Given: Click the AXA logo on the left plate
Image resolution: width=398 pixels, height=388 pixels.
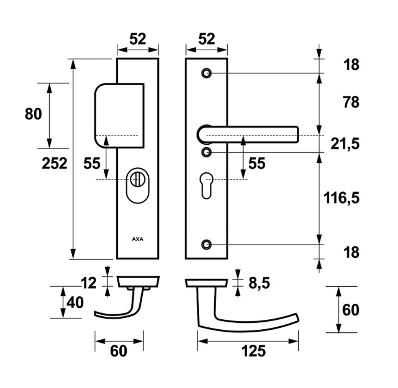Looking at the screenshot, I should (x=137, y=240).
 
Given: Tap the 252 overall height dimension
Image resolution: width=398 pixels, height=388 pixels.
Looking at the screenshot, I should (x=54, y=163).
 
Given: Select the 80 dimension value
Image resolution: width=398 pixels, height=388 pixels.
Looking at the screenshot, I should (x=33, y=114).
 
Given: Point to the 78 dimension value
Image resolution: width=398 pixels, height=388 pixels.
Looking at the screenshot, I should (x=351, y=103).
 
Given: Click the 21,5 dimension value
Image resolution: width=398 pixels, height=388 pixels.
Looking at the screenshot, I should (x=345, y=144).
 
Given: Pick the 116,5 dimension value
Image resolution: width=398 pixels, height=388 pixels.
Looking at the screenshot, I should (x=341, y=198).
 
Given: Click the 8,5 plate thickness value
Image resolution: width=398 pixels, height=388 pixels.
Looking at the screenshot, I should (x=259, y=283).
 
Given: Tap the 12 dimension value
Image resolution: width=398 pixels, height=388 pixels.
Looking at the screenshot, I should (x=88, y=283).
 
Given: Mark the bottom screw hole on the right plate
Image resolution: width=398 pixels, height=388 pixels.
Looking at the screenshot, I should (x=206, y=245).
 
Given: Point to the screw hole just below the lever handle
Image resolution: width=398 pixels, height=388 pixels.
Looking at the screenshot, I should (x=206, y=151).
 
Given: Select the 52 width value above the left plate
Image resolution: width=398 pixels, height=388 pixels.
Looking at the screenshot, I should (x=138, y=39).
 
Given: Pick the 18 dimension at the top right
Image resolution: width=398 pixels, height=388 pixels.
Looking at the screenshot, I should (x=351, y=65).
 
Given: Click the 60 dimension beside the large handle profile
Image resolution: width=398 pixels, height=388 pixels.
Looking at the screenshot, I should (x=351, y=310).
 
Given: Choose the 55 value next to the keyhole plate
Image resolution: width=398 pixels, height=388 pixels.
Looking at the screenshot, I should (x=257, y=163).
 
